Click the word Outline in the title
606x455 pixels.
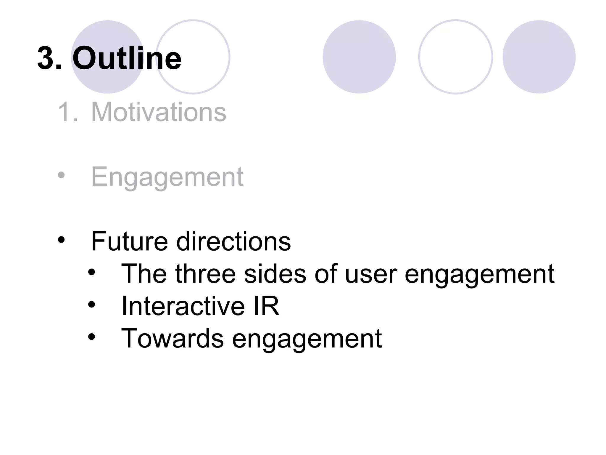click(127, 58)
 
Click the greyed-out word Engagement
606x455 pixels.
click(167, 177)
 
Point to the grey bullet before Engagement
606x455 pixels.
click(61, 175)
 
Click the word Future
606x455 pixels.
click(129, 241)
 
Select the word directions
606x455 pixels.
click(233, 241)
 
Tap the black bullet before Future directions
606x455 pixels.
click(61, 240)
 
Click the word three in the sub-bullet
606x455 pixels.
click(205, 274)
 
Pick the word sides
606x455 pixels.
click(275, 274)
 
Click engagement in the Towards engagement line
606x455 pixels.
click(307, 339)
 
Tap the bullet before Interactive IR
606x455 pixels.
click(92, 304)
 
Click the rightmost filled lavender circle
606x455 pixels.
click(539, 57)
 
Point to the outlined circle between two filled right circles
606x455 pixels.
click(455, 57)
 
